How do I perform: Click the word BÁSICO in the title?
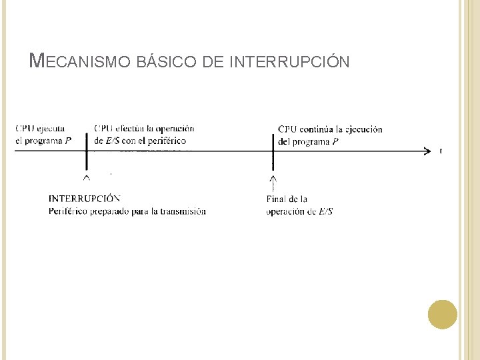[x=165, y=62]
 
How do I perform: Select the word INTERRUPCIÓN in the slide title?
[x=288, y=62]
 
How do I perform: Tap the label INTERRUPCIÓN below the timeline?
[x=85, y=199]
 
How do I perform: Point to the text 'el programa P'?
[x=43, y=141]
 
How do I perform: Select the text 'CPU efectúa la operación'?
[x=144, y=129]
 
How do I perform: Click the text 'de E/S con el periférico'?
[x=140, y=141]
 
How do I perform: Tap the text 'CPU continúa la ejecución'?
[x=330, y=129]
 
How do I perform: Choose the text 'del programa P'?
[x=308, y=141]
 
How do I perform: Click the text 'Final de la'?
[x=287, y=199]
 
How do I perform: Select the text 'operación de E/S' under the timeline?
[x=299, y=211]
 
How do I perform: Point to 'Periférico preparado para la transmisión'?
[x=127, y=211]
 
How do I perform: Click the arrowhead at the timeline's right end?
[x=427, y=151]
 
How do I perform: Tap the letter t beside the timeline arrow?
[x=441, y=151]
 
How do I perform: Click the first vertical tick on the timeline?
[x=86, y=152]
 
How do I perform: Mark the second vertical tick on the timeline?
[x=273, y=152]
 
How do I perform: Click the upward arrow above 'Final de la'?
[x=273, y=183]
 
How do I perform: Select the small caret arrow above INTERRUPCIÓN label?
[x=86, y=178]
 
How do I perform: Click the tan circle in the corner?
[x=443, y=315]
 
